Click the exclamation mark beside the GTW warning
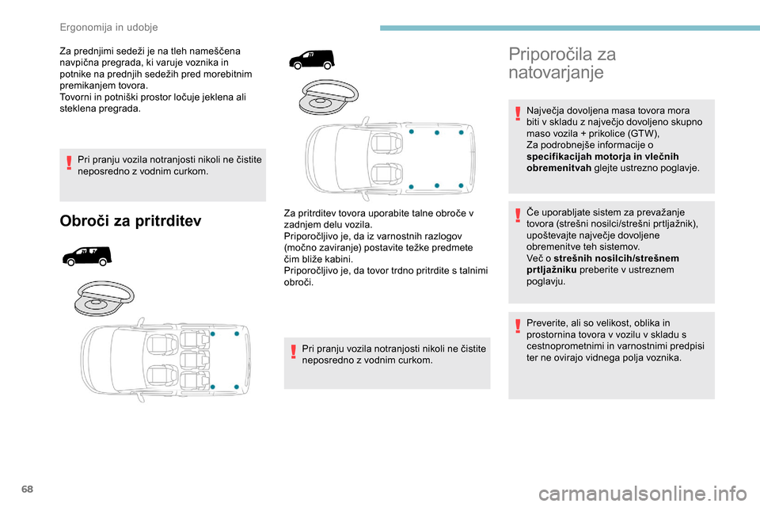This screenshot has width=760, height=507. (518, 116)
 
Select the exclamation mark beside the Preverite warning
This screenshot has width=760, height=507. (518, 327)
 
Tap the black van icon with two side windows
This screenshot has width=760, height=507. (88, 256)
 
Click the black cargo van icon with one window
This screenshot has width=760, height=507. (311, 59)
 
